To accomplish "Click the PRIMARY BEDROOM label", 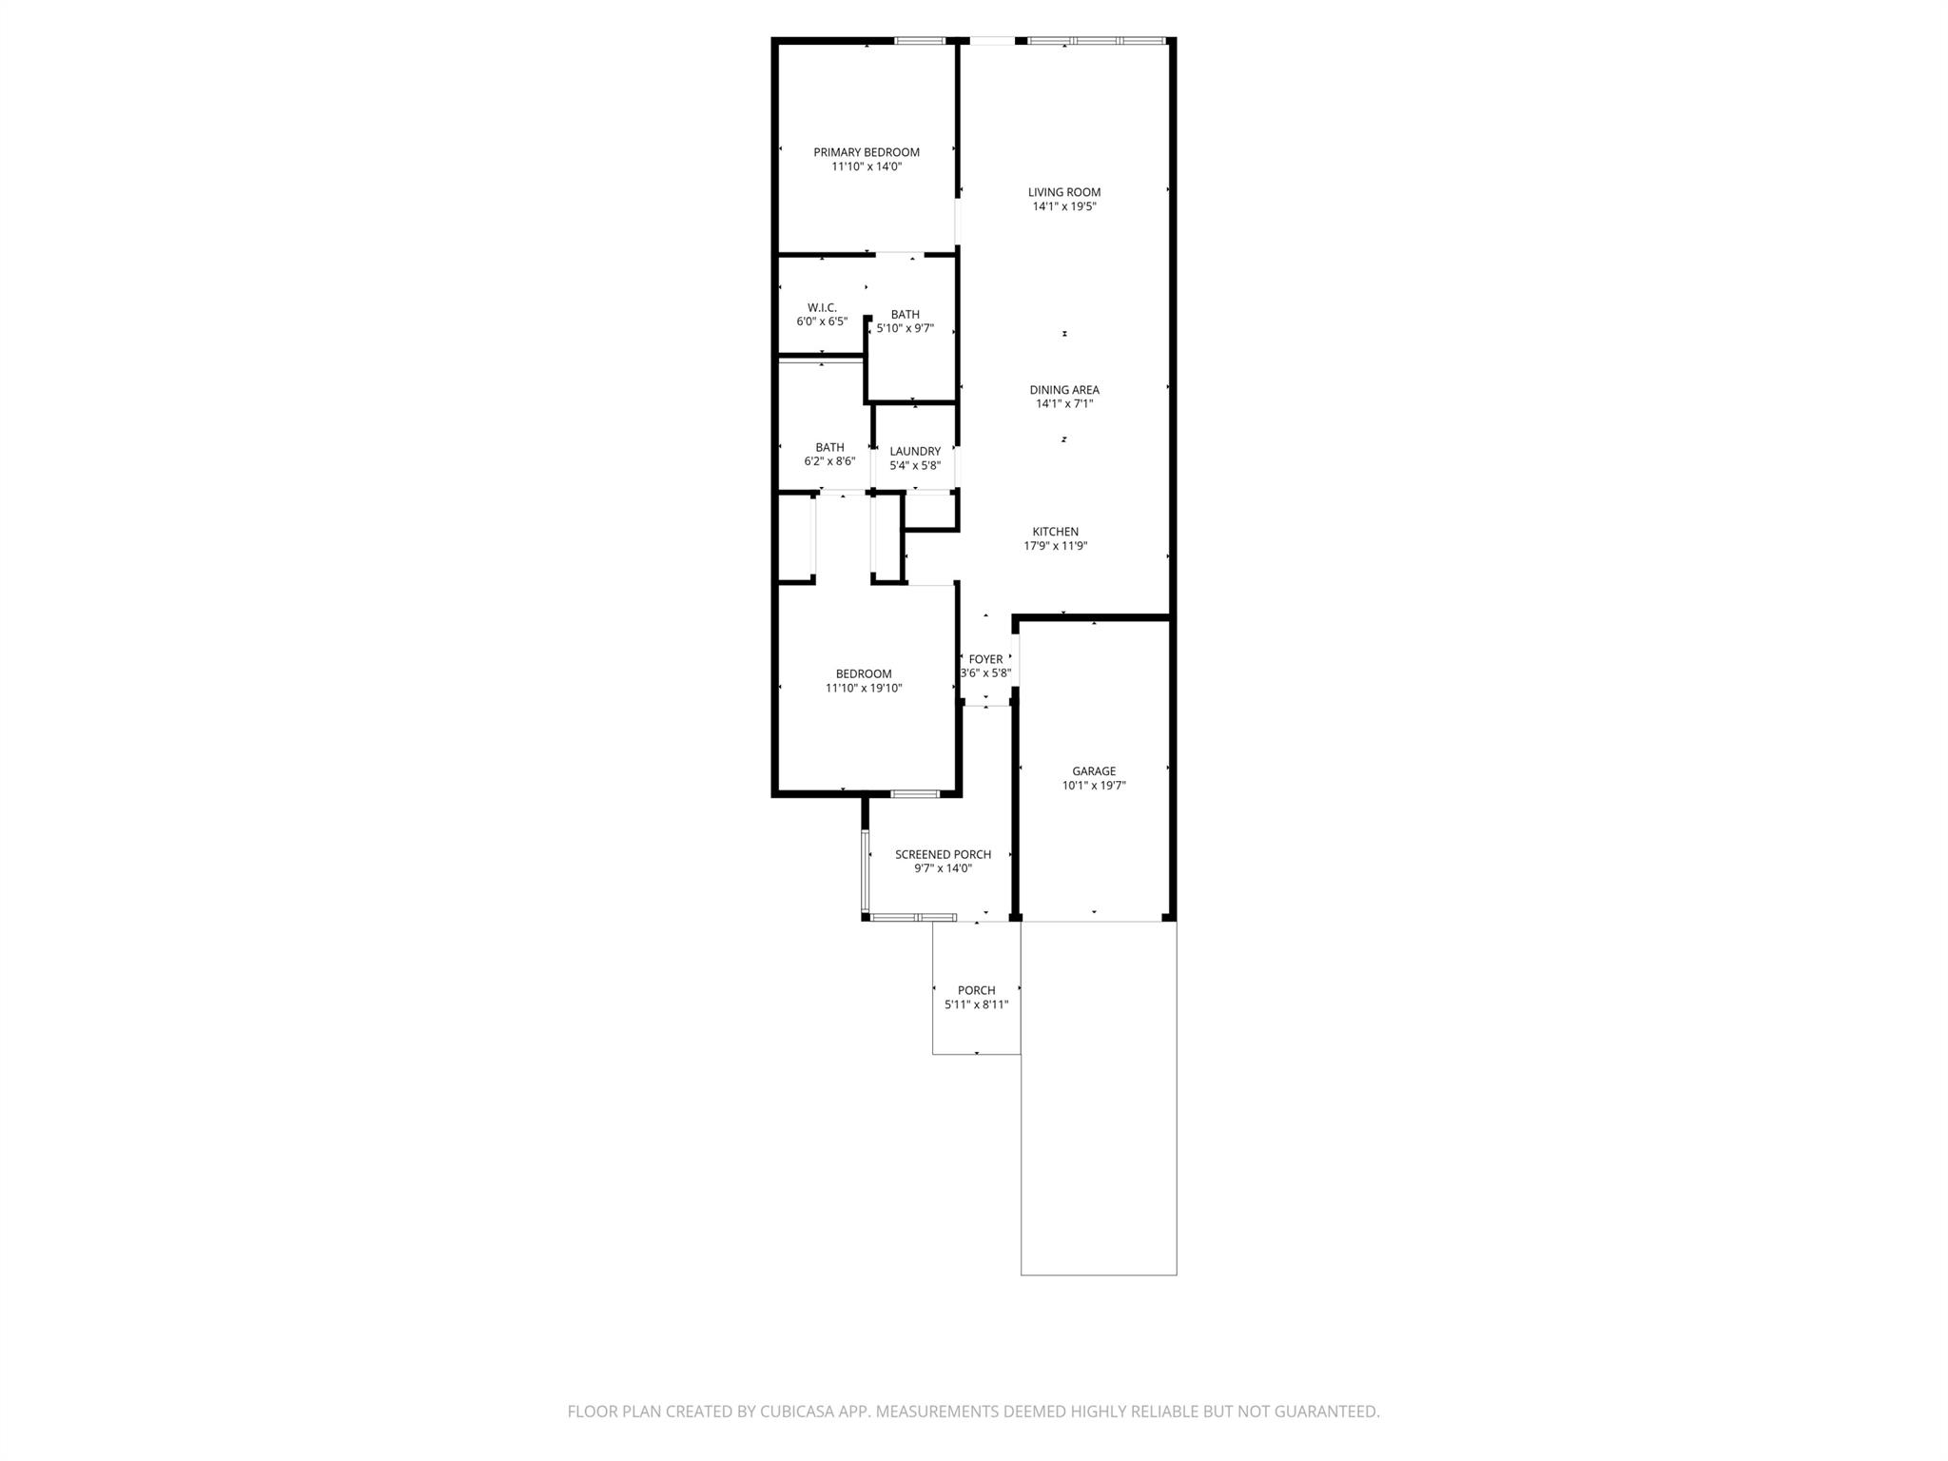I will coord(866,152).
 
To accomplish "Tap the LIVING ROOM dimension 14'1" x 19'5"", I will coord(1063,206).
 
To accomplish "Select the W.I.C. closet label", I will coord(822,307).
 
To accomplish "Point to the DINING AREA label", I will coord(1063,390).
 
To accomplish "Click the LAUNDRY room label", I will coord(914,452).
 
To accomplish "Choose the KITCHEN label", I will coord(1055,532).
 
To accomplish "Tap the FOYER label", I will coord(985,659).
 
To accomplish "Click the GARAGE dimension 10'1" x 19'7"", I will coord(1094,786).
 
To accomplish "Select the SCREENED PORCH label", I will coord(943,854).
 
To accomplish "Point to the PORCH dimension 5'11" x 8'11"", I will coord(976,1004).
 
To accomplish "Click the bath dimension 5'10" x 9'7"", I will coord(905,328).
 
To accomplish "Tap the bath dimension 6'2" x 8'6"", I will coord(829,461).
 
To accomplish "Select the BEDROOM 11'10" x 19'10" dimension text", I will coord(863,688).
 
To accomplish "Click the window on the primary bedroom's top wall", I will coord(920,41).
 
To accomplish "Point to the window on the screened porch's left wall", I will coord(865,870).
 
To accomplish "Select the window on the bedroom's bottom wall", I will coord(915,793).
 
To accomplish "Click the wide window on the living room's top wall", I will coord(1096,41).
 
